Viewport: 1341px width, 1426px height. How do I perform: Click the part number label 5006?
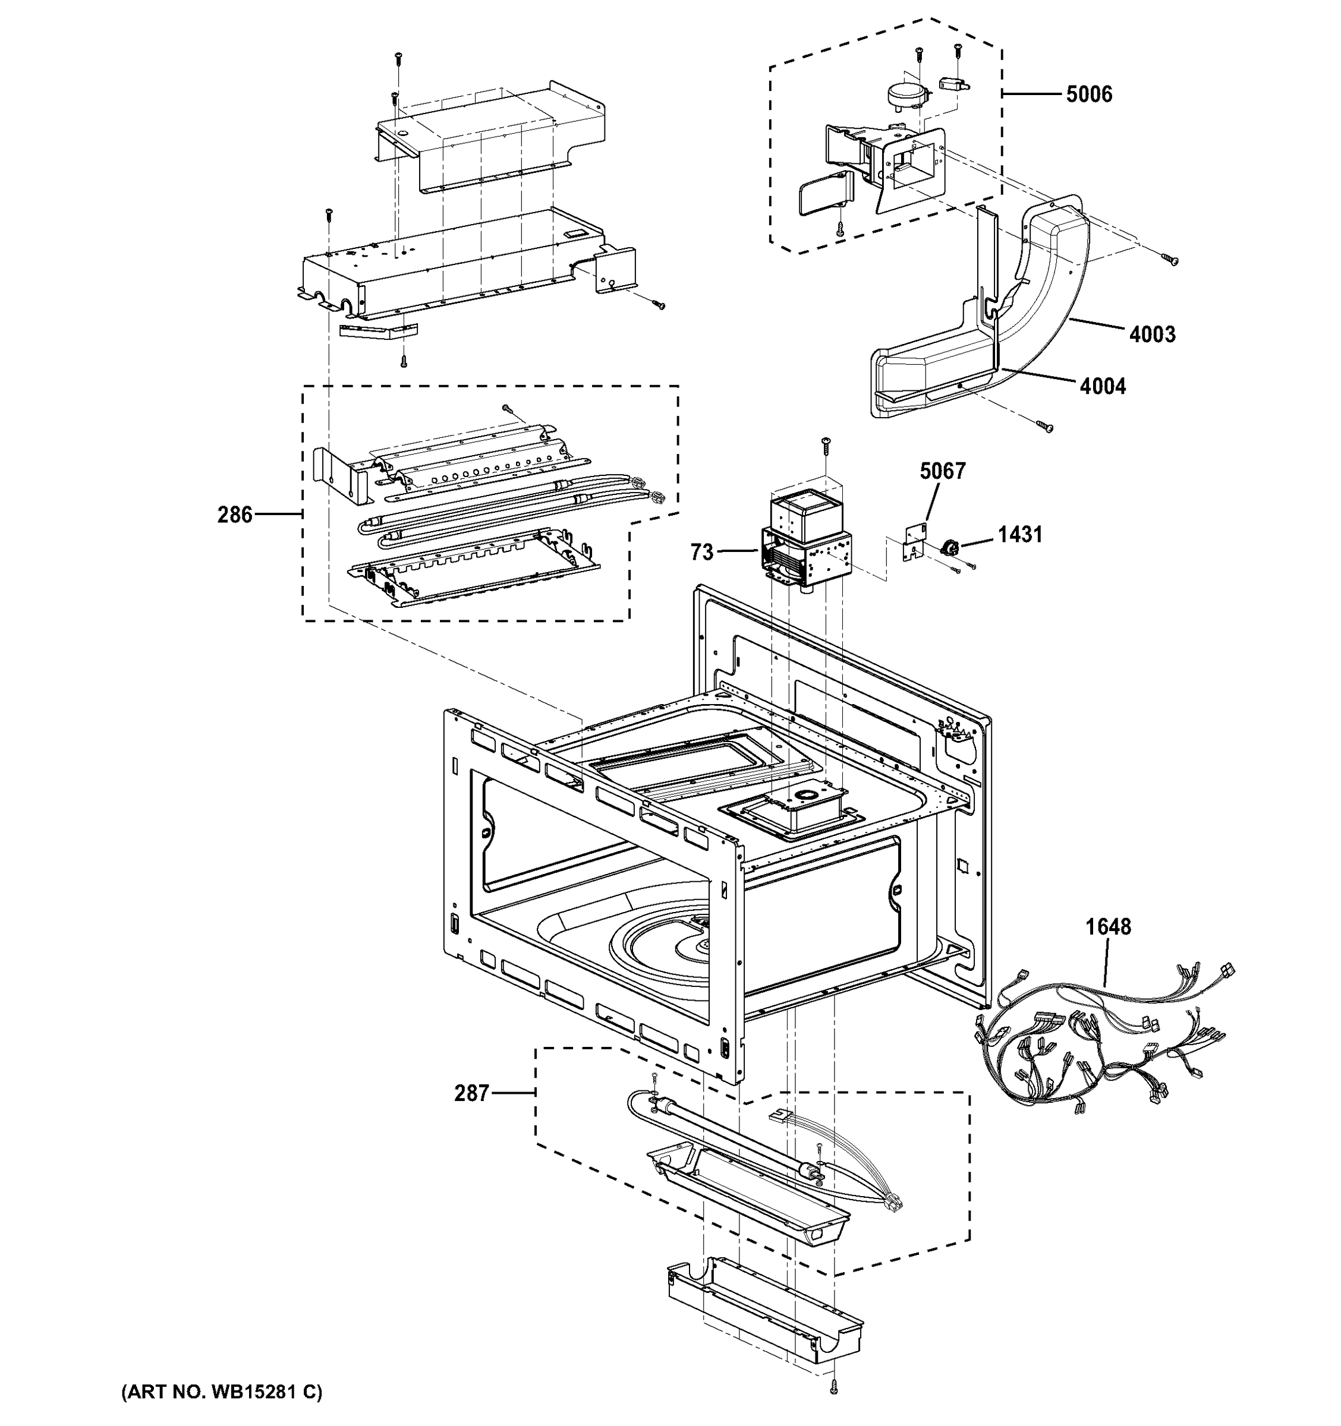click(x=1088, y=94)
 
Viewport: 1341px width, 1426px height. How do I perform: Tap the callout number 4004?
click(x=1102, y=387)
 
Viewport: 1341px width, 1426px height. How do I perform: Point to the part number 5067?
click(x=942, y=471)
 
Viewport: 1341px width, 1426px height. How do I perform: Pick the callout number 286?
click(x=235, y=515)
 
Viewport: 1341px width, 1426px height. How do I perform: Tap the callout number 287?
click(x=471, y=1093)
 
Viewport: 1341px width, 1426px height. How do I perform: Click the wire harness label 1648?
click(x=1108, y=927)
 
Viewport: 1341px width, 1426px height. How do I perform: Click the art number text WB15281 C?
click(x=222, y=1392)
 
